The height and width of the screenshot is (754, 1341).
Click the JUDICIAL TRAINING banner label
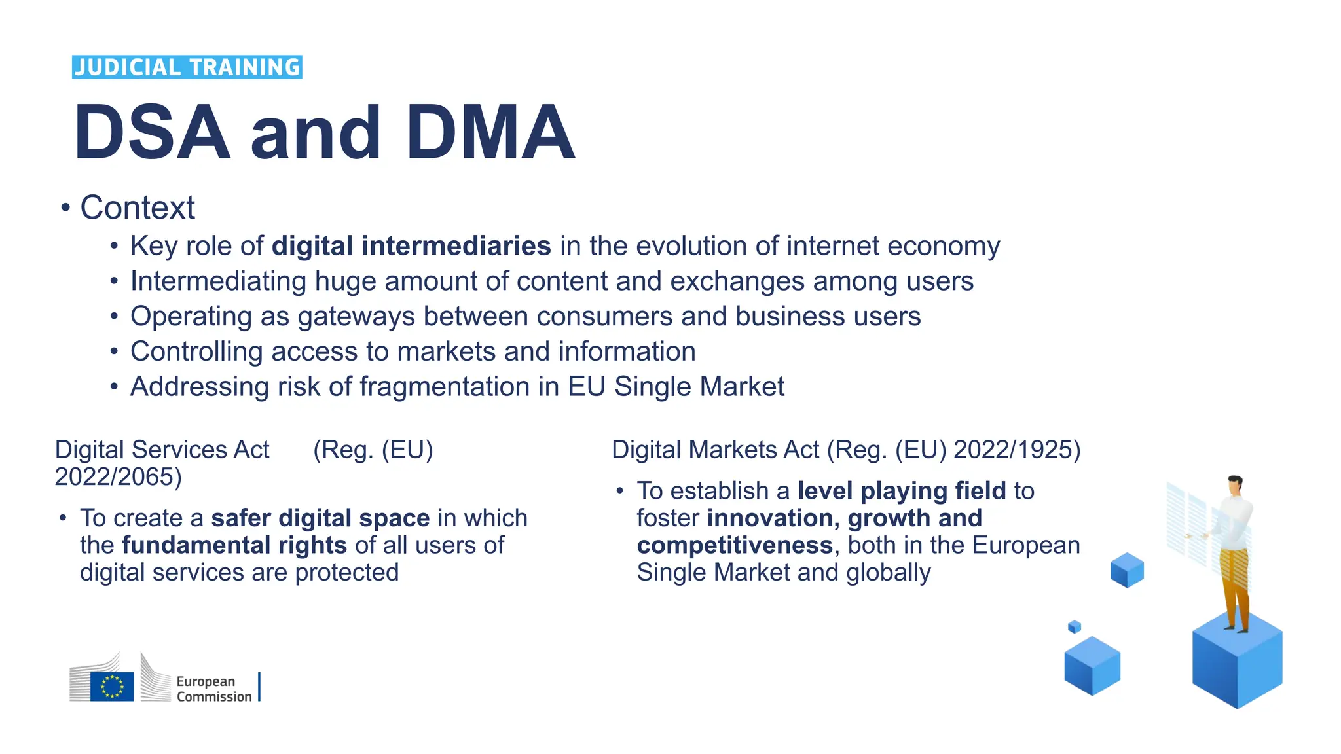(187, 67)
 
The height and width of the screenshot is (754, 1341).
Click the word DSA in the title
(152, 133)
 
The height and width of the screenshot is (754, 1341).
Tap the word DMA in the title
(490, 133)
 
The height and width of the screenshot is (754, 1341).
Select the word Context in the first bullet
(138, 208)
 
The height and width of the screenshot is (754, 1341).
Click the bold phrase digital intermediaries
(411, 246)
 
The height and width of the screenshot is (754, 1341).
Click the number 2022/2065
(118, 477)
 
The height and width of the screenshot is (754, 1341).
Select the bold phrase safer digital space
(320, 518)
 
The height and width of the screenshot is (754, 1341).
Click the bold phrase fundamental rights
(234, 545)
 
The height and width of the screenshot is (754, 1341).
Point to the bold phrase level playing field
(902, 491)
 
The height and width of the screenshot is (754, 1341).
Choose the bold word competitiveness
(735, 545)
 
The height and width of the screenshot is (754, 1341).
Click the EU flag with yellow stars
(112, 687)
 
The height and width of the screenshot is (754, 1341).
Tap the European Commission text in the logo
(213, 689)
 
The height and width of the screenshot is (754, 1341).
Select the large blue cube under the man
(1237, 664)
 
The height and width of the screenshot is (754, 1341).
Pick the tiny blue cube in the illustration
(1075, 627)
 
